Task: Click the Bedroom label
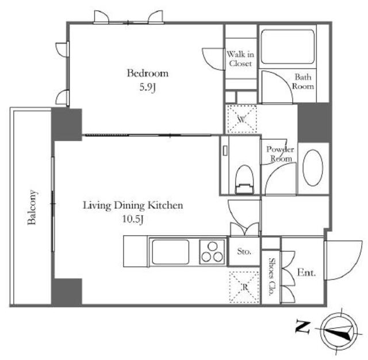[x=148, y=73]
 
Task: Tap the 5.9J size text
[x=148, y=87]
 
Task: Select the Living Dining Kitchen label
[x=133, y=205]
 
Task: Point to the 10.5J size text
[x=133, y=219]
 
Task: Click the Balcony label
[x=32, y=208]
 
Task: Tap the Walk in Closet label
[x=240, y=59]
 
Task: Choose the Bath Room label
[x=303, y=82]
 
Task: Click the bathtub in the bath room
[x=287, y=47]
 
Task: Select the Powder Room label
[x=280, y=154]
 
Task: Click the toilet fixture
[x=244, y=179]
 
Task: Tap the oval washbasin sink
[x=313, y=167]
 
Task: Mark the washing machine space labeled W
[x=241, y=119]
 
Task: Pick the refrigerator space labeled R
[x=244, y=287]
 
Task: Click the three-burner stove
[x=212, y=252]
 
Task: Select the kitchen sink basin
[x=170, y=252]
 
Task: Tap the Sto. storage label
[x=244, y=251]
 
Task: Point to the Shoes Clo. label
[x=271, y=277]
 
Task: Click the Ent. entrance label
[x=306, y=273]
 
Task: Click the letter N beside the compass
[x=303, y=327]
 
